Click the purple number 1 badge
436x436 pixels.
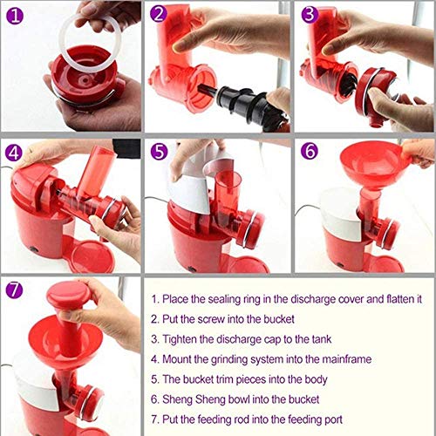click(x=15, y=14)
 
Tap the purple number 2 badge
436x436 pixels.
click(x=159, y=14)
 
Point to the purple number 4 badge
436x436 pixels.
click(x=15, y=153)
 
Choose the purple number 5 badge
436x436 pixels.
click(x=159, y=153)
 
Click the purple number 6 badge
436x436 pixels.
click(x=308, y=153)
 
